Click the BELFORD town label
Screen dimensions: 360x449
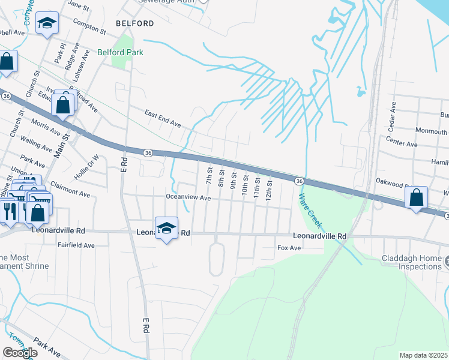pos(135,23)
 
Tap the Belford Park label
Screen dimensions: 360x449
pos(121,53)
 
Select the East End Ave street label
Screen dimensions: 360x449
pos(163,118)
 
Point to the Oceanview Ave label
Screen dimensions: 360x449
pos(188,197)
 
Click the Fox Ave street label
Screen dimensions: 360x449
pos(288,248)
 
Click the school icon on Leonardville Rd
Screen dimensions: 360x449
pos(167,228)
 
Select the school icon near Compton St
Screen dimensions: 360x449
pos(47,23)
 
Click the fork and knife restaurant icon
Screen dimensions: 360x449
pos(8,210)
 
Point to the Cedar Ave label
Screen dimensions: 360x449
pos(393,116)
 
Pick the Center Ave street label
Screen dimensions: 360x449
pos(402,144)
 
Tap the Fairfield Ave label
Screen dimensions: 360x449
pos(76,245)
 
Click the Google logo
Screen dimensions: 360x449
pos(20,353)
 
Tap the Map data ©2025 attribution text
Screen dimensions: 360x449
pos(423,355)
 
